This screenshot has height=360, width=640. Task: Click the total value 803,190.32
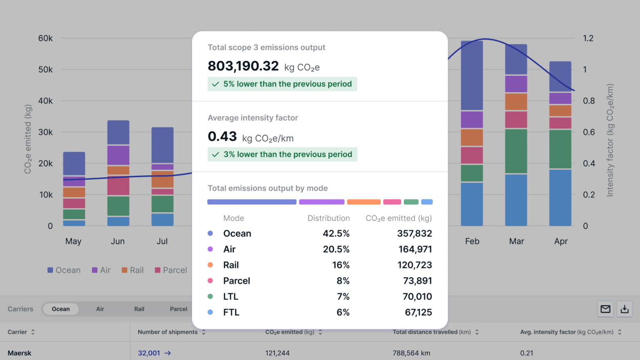(243, 66)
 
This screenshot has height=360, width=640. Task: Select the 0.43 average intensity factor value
(222, 137)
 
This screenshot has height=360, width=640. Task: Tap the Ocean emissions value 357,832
(414, 233)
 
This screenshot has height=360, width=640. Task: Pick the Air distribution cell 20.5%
(336, 249)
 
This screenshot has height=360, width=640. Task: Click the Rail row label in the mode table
(231, 265)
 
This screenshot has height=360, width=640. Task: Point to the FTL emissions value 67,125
(418, 312)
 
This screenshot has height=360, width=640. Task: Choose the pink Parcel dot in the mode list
(210, 281)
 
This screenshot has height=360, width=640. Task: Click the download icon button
(624, 309)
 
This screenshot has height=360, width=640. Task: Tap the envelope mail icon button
(605, 309)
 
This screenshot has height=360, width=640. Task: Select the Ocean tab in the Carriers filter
(61, 309)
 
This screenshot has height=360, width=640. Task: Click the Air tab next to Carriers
(100, 309)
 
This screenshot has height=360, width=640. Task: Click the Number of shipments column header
(167, 332)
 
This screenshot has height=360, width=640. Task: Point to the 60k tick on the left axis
(45, 38)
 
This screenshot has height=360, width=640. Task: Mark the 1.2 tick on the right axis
(588, 38)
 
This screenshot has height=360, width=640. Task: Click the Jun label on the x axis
(117, 241)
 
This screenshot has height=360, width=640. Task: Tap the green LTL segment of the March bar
(516, 151)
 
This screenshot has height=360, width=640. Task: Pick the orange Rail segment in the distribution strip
(363, 202)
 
